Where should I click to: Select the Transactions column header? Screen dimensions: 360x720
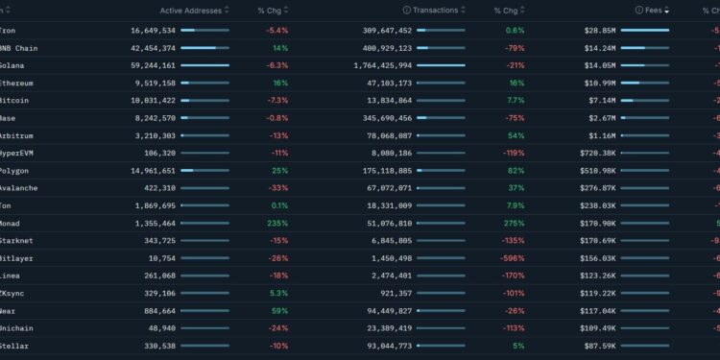[438, 10]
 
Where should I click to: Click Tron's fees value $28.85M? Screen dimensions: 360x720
[596, 31]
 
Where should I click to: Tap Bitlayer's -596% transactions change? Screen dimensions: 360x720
[512, 257]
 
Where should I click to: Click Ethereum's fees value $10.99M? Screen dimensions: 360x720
[596, 83]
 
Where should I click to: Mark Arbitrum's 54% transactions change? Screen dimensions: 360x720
[516, 135]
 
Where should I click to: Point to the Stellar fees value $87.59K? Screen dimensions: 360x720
[596, 345]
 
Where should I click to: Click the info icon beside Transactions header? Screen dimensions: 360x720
[407, 10]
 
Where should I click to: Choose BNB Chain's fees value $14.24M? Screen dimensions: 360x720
[596, 48]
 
